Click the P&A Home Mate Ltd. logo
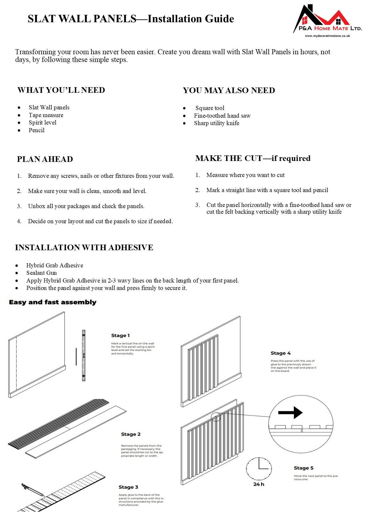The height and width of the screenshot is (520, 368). click(x=327, y=19)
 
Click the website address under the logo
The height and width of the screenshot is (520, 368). click(x=327, y=36)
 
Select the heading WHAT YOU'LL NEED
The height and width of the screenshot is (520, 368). click(x=61, y=90)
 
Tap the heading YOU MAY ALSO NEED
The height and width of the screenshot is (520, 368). click(x=229, y=90)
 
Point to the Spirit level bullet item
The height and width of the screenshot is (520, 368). click(x=42, y=122)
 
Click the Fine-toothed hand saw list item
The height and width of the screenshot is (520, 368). click(x=222, y=116)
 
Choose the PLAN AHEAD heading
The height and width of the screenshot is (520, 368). click(x=45, y=159)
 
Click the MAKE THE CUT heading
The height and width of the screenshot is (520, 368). click(x=253, y=158)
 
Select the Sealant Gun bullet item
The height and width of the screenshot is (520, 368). click(x=42, y=273)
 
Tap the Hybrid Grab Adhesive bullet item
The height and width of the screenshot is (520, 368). click(x=55, y=265)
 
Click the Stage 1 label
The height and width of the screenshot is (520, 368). click(x=120, y=336)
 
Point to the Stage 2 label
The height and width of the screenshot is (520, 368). click(x=131, y=434)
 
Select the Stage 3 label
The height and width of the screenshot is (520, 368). click(x=129, y=487)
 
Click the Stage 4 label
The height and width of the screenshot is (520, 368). click(x=281, y=353)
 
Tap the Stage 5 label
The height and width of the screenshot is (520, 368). click(x=304, y=468)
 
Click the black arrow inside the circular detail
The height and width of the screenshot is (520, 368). click(x=290, y=412)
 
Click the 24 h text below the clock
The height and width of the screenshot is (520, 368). click(x=259, y=484)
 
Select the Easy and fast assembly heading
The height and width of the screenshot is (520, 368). click(x=53, y=302)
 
